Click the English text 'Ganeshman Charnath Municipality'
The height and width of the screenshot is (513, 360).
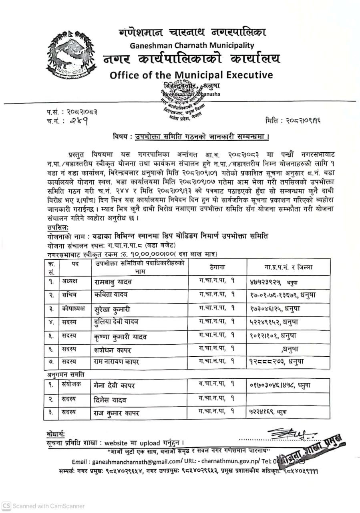click(192, 45)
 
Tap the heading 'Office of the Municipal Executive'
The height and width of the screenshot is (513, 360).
click(191, 75)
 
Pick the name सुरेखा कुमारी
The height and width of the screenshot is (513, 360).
click(113, 309)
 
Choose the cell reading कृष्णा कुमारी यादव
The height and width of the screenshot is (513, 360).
click(121, 336)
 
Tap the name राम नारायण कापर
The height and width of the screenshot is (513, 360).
click(117, 362)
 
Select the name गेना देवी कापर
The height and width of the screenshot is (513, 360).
click(115, 386)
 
